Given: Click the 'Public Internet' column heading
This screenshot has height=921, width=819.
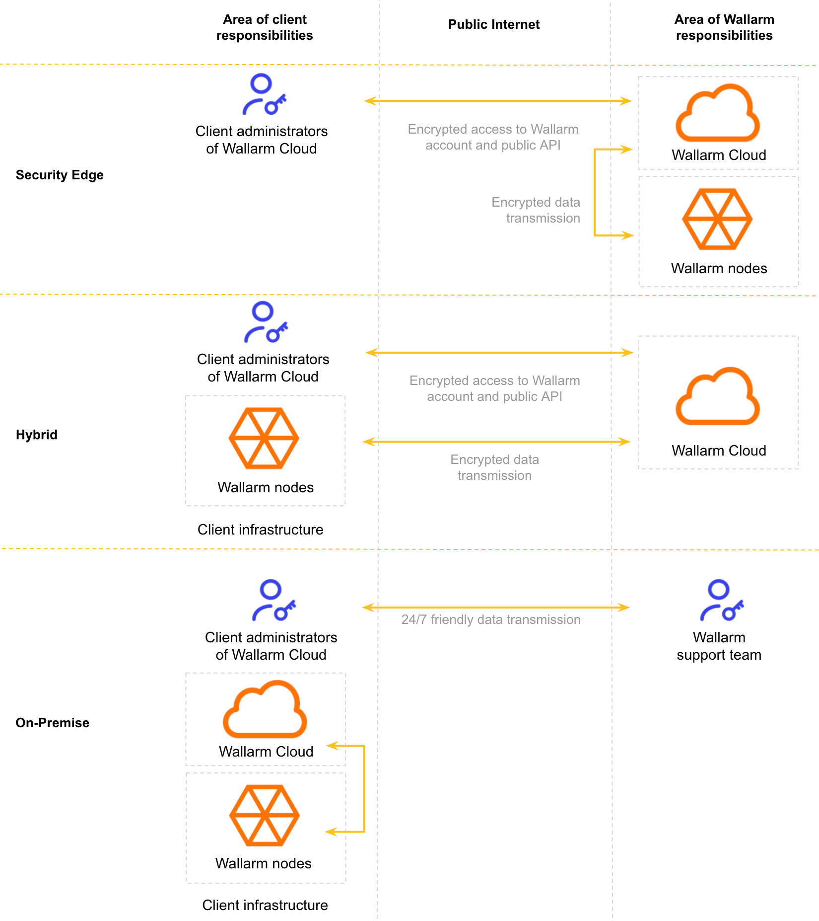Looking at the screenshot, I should click(493, 24).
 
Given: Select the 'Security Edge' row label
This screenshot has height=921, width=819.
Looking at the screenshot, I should click(60, 175).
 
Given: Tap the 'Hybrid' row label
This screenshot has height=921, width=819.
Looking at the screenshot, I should click(37, 435).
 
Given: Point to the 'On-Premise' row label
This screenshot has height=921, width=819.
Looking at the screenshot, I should click(53, 723).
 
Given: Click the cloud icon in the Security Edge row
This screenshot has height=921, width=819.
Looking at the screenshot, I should click(718, 114).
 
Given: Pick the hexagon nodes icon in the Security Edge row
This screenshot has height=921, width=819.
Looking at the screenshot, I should click(717, 219).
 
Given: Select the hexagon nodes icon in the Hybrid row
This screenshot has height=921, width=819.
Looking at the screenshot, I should click(264, 438).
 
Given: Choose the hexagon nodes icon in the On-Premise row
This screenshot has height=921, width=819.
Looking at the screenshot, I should click(264, 815).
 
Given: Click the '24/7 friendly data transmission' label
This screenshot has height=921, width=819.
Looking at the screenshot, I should click(491, 619).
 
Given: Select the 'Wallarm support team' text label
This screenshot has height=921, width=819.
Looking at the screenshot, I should click(719, 646).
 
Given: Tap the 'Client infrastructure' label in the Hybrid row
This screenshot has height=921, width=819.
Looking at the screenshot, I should click(260, 530).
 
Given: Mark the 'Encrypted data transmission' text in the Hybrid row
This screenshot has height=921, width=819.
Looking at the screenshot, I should click(494, 467).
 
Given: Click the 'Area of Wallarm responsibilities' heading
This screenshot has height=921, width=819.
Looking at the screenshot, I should click(724, 27).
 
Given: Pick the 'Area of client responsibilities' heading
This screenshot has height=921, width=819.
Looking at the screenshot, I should click(265, 27).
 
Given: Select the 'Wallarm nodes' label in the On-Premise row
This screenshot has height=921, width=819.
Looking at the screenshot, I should click(264, 863).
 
